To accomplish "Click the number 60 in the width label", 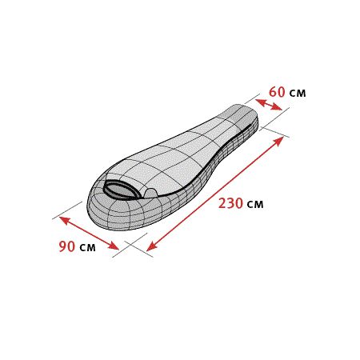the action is (x=277, y=92).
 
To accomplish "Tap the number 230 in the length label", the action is (x=230, y=203).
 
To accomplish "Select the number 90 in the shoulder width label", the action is (x=67, y=246).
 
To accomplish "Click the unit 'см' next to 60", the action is (x=298, y=94).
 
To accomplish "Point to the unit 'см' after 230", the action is (x=255, y=205).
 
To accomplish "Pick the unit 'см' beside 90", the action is (x=87, y=247).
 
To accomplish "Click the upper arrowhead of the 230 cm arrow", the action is (x=278, y=141).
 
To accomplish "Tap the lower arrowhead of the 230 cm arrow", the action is (x=151, y=246).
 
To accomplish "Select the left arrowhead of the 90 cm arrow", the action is (x=64, y=220).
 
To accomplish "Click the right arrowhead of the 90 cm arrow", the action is (x=114, y=246).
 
